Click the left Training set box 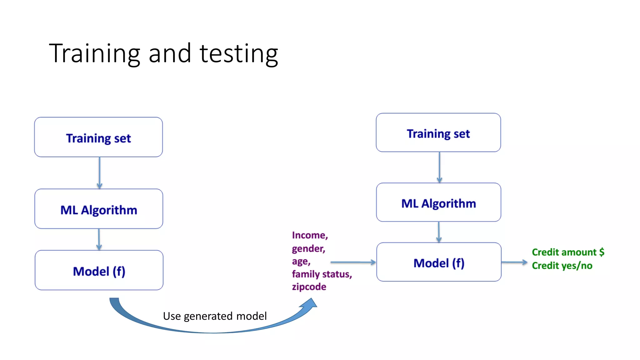[x=98, y=137]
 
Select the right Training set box [x=438, y=133]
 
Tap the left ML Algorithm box [x=99, y=209]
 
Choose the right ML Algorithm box [x=438, y=202]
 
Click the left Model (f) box [x=99, y=270]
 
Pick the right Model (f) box [x=439, y=262]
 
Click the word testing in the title [x=239, y=54]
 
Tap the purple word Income [x=309, y=235]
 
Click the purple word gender [x=308, y=248]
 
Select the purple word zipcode [x=309, y=287]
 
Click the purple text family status [x=322, y=274]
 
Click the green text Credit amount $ [x=568, y=252]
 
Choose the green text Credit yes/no [x=562, y=265]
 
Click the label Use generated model [x=215, y=316]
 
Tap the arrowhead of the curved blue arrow [x=310, y=303]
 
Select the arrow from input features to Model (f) [x=353, y=262]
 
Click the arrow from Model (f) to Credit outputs [x=514, y=262]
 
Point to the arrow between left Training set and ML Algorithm [x=99, y=172]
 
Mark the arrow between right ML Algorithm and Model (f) [x=439, y=232]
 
